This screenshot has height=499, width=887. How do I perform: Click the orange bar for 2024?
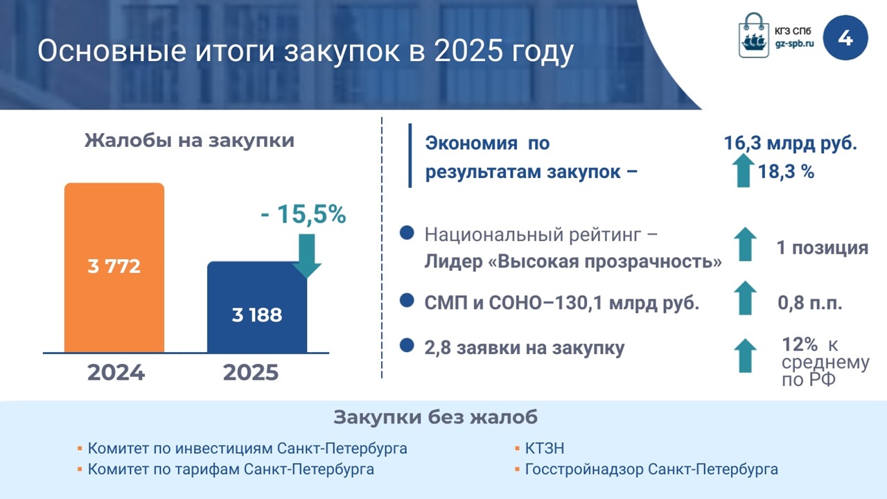point(114,268)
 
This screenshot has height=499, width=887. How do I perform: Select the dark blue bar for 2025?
point(257,307)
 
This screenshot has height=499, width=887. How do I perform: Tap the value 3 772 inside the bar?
point(114,266)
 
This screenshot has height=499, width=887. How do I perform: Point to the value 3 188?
point(257,315)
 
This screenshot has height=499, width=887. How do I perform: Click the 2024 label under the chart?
point(116,373)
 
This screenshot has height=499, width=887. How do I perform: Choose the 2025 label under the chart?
point(251,373)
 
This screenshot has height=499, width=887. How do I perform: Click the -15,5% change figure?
point(304,214)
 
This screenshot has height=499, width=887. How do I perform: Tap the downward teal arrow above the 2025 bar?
point(306,256)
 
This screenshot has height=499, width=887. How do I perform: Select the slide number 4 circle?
point(845,38)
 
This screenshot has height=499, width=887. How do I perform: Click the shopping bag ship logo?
point(753,35)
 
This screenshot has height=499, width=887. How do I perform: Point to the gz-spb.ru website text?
point(794,44)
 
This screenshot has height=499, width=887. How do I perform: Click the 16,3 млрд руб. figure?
point(791,143)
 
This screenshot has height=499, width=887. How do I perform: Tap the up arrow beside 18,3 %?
point(744,170)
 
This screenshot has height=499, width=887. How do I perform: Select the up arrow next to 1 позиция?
point(745,244)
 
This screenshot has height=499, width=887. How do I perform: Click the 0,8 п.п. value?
point(810,303)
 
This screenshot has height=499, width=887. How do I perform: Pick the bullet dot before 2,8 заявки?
point(407,345)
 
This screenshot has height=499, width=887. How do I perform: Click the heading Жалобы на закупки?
point(189,141)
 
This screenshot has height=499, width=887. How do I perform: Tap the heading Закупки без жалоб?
point(436,417)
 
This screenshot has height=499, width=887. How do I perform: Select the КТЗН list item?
point(545,448)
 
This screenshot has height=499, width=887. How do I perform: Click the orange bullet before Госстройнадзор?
point(517,469)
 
